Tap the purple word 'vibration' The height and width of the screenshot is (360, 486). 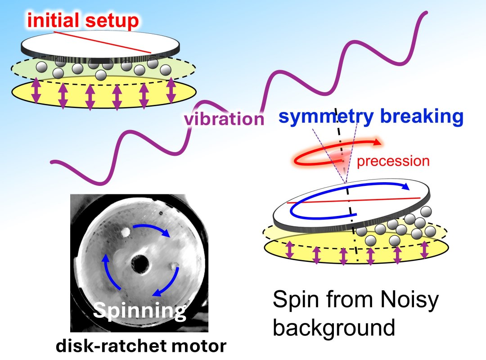point(224,119)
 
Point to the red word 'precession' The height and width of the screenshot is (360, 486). point(393,161)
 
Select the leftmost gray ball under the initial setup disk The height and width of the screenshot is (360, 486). point(41,67)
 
